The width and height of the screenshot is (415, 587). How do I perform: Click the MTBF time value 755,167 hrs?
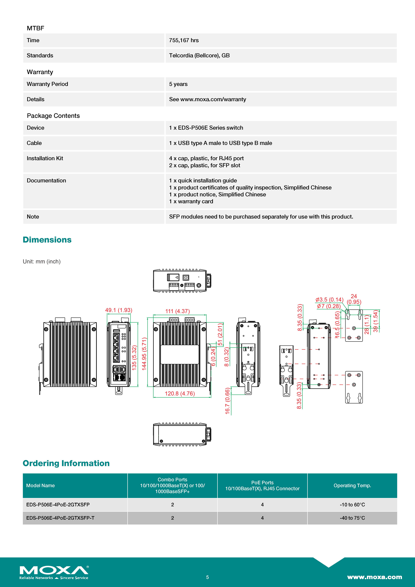(x=184, y=40)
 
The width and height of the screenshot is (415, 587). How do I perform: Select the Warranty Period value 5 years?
(x=178, y=84)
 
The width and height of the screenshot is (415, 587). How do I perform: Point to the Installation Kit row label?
(x=45, y=158)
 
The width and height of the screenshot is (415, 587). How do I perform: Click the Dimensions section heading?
(x=47, y=240)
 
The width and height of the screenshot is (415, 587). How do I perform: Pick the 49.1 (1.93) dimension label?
(x=119, y=310)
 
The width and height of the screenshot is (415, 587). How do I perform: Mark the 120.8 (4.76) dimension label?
(x=180, y=393)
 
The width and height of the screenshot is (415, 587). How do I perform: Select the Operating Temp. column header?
(x=352, y=485)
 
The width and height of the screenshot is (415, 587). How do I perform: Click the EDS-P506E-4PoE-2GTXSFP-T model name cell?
(x=60, y=518)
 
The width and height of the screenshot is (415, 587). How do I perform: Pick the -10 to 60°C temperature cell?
(x=352, y=505)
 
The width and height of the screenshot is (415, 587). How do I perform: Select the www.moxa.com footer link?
(x=374, y=577)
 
